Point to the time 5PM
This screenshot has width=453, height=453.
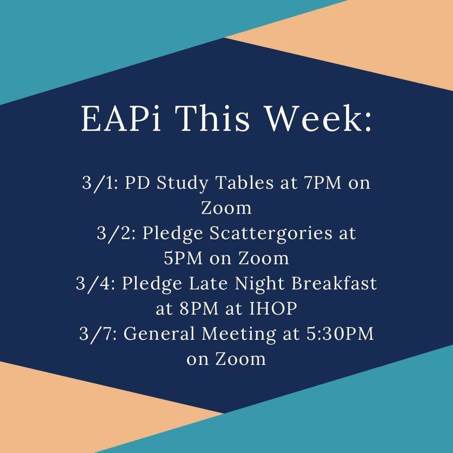(182, 258)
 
